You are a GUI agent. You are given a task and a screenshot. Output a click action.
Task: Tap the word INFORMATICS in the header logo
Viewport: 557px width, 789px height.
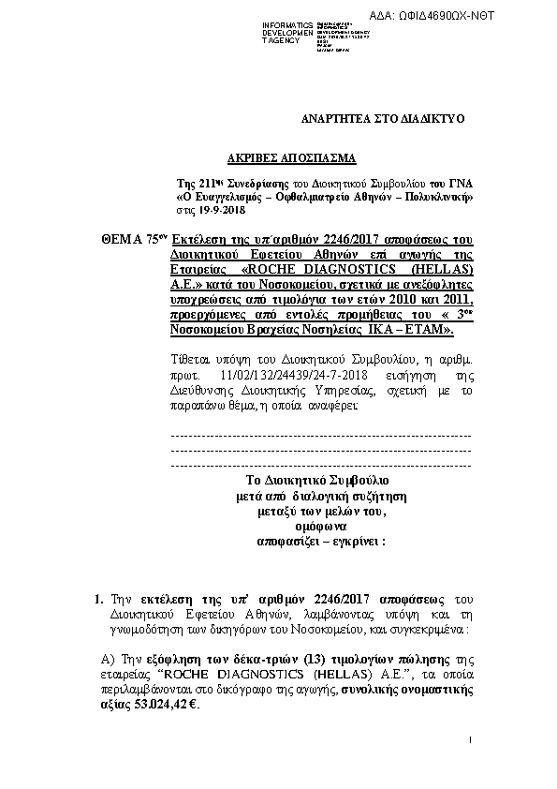287,22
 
